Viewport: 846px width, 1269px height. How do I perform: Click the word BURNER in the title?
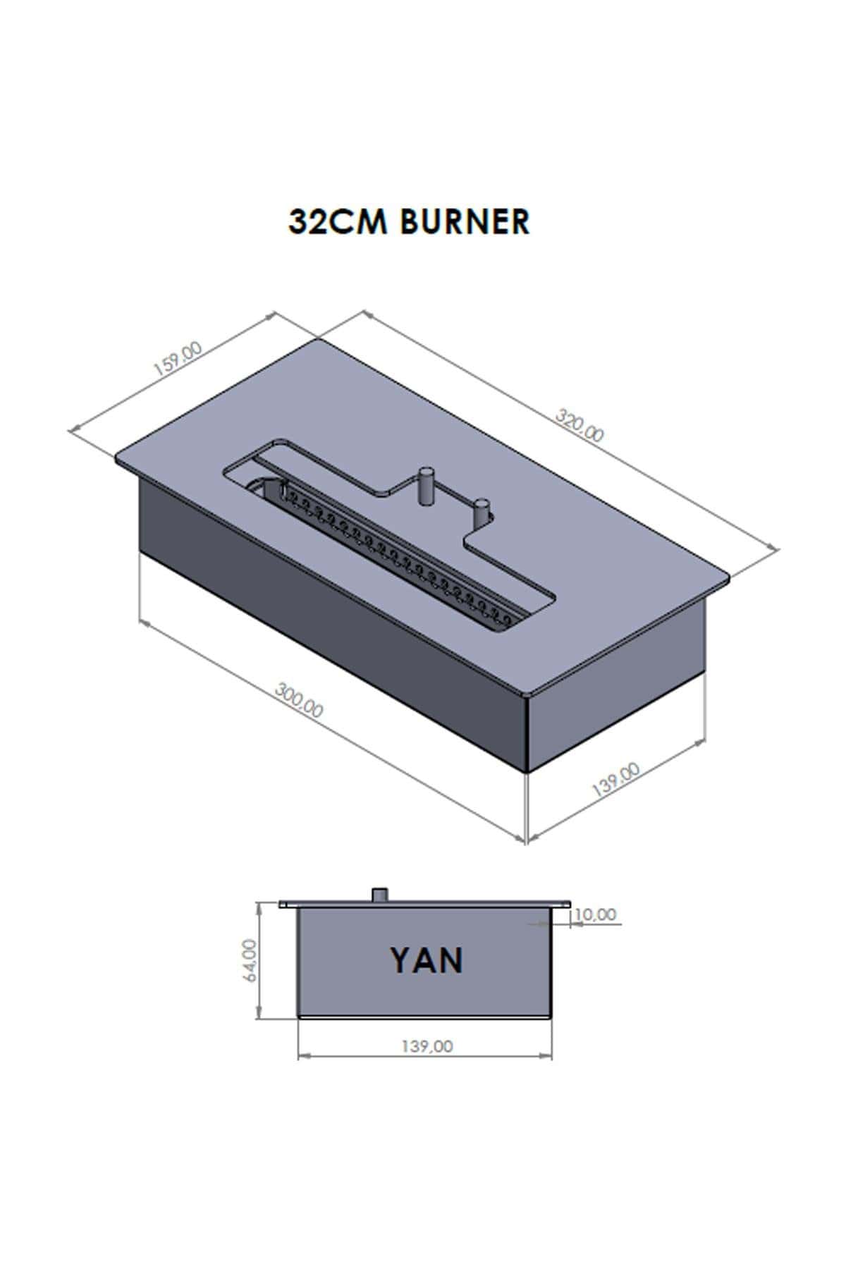(x=464, y=221)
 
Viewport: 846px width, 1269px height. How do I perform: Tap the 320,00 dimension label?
(x=580, y=425)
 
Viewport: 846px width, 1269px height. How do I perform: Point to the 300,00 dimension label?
(x=299, y=700)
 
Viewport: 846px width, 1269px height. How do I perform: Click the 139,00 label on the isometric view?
(x=615, y=779)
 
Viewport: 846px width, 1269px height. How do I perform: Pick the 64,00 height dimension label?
(x=250, y=958)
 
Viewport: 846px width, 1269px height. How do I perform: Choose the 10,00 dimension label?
(x=596, y=914)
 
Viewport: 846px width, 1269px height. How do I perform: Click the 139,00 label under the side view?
(x=427, y=1046)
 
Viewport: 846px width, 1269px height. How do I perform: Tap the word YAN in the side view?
(x=427, y=960)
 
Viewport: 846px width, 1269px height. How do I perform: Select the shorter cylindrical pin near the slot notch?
(x=482, y=512)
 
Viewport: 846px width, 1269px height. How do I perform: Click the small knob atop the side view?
(x=381, y=894)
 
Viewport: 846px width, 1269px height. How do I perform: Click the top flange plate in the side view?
(x=424, y=904)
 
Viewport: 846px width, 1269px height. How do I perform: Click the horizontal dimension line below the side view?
(x=425, y=1056)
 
